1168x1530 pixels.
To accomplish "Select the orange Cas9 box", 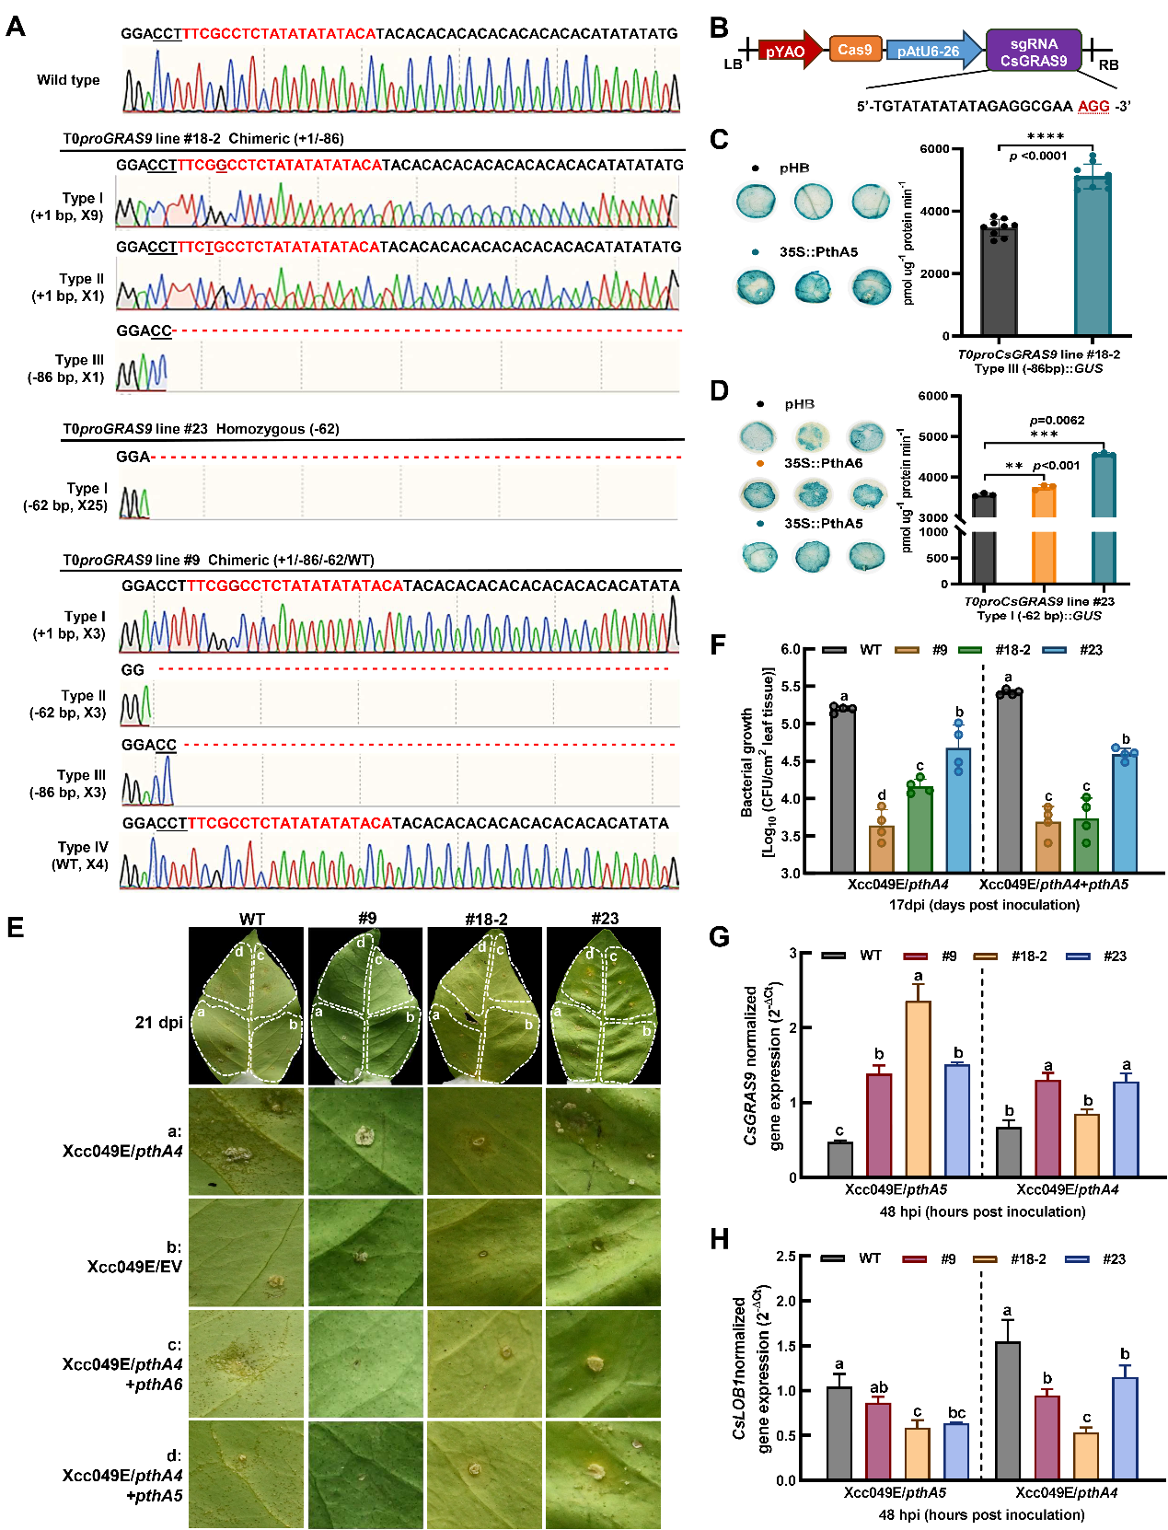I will click(x=855, y=50).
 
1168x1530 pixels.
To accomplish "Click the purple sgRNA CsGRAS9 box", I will click(x=1033, y=52).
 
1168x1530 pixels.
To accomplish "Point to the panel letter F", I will click(x=719, y=643).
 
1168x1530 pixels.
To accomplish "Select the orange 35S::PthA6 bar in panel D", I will click(x=1044, y=534).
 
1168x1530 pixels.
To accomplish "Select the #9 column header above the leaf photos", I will click(x=367, y=919).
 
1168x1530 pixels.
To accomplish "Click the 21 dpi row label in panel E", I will click(x=159, y=1023).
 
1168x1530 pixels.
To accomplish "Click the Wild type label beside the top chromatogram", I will click(x=68, y=80).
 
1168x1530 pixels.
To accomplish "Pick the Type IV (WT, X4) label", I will click(x=81, y=855).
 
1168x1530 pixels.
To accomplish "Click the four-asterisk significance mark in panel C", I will click(x=1045, y=136).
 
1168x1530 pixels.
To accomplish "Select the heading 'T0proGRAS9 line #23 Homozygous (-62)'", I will click(x=201, y=429).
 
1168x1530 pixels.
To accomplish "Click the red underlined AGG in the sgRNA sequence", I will click(x=1093, y=106).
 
